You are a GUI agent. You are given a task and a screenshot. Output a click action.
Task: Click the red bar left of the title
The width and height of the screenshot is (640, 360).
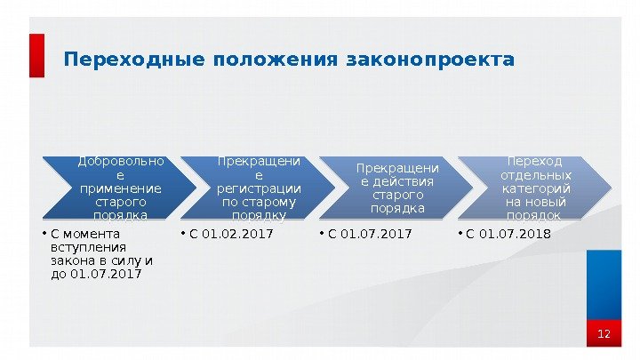pyautogui.click(x=36, y=56)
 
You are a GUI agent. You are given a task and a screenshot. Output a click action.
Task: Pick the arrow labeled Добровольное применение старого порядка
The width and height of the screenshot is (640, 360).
pyautogui.click(x=120, y=188)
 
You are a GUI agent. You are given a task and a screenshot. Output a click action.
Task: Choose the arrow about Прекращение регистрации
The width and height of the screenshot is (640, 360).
pyautogui.click(x=259, y=188)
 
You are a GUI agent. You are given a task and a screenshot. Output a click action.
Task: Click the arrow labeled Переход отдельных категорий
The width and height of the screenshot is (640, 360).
pyautogui.click(x=534, y=188)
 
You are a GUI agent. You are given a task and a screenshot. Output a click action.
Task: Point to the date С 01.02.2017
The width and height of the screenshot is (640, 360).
pyautogui.click(x=230, y=235)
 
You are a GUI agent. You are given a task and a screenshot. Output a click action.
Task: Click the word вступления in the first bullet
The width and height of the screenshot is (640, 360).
pyautogui.click(x=89, y=247)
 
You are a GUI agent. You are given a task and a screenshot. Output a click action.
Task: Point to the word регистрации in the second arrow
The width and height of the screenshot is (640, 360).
pyautogui.click(x=259, y=188)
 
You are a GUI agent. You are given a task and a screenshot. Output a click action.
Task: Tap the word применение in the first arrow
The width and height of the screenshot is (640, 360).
pyautogui.click(x=120, y=188)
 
